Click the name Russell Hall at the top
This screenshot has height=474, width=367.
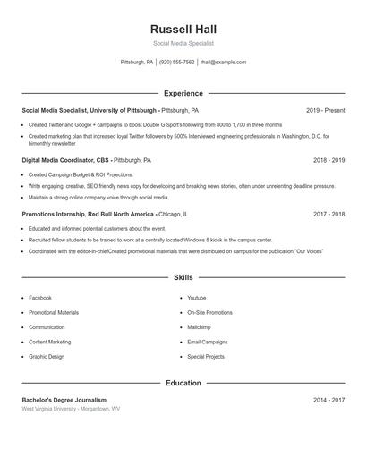[183, 29]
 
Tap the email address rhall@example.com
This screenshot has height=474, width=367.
[223, 63]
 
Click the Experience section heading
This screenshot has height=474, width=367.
[183, 93]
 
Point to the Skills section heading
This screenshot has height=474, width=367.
[183, 278]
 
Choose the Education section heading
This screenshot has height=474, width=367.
[183, 383]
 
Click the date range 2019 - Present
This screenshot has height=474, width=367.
[325, 110]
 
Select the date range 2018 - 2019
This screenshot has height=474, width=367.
[329, 160]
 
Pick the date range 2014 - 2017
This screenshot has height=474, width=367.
[329, 400]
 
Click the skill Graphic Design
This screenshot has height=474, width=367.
[47, 357]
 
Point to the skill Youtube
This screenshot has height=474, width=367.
[197, 298]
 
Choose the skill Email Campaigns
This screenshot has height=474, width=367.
[207, 342]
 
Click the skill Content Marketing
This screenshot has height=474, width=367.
[50, 342]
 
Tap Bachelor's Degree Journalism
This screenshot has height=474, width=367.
[64, 400]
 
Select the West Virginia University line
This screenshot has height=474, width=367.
[71, 409]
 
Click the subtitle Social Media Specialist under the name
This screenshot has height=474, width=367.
[183, 43]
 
